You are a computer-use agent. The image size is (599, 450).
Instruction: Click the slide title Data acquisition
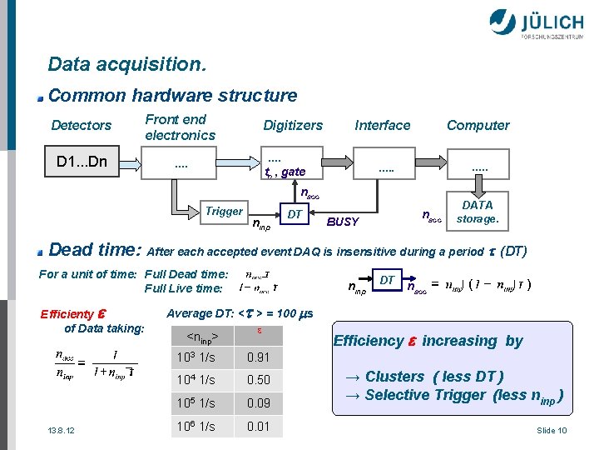127,64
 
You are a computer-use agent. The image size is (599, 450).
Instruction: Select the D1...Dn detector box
81,162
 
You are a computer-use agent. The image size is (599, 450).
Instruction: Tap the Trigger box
224,212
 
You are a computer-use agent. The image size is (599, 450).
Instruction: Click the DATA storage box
478,212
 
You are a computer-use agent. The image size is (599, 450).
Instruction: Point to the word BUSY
343,222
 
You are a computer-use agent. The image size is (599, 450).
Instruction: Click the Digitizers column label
293,126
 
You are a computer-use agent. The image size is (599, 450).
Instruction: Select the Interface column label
383,126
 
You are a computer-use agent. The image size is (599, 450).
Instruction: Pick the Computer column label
478,126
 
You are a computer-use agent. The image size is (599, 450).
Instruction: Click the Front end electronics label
180,127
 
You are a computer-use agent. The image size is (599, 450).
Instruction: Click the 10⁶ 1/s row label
197,425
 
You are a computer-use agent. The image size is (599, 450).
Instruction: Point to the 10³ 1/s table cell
197,358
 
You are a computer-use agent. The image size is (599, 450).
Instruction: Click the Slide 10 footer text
552,430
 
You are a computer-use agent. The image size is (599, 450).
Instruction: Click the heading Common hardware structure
172,96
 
